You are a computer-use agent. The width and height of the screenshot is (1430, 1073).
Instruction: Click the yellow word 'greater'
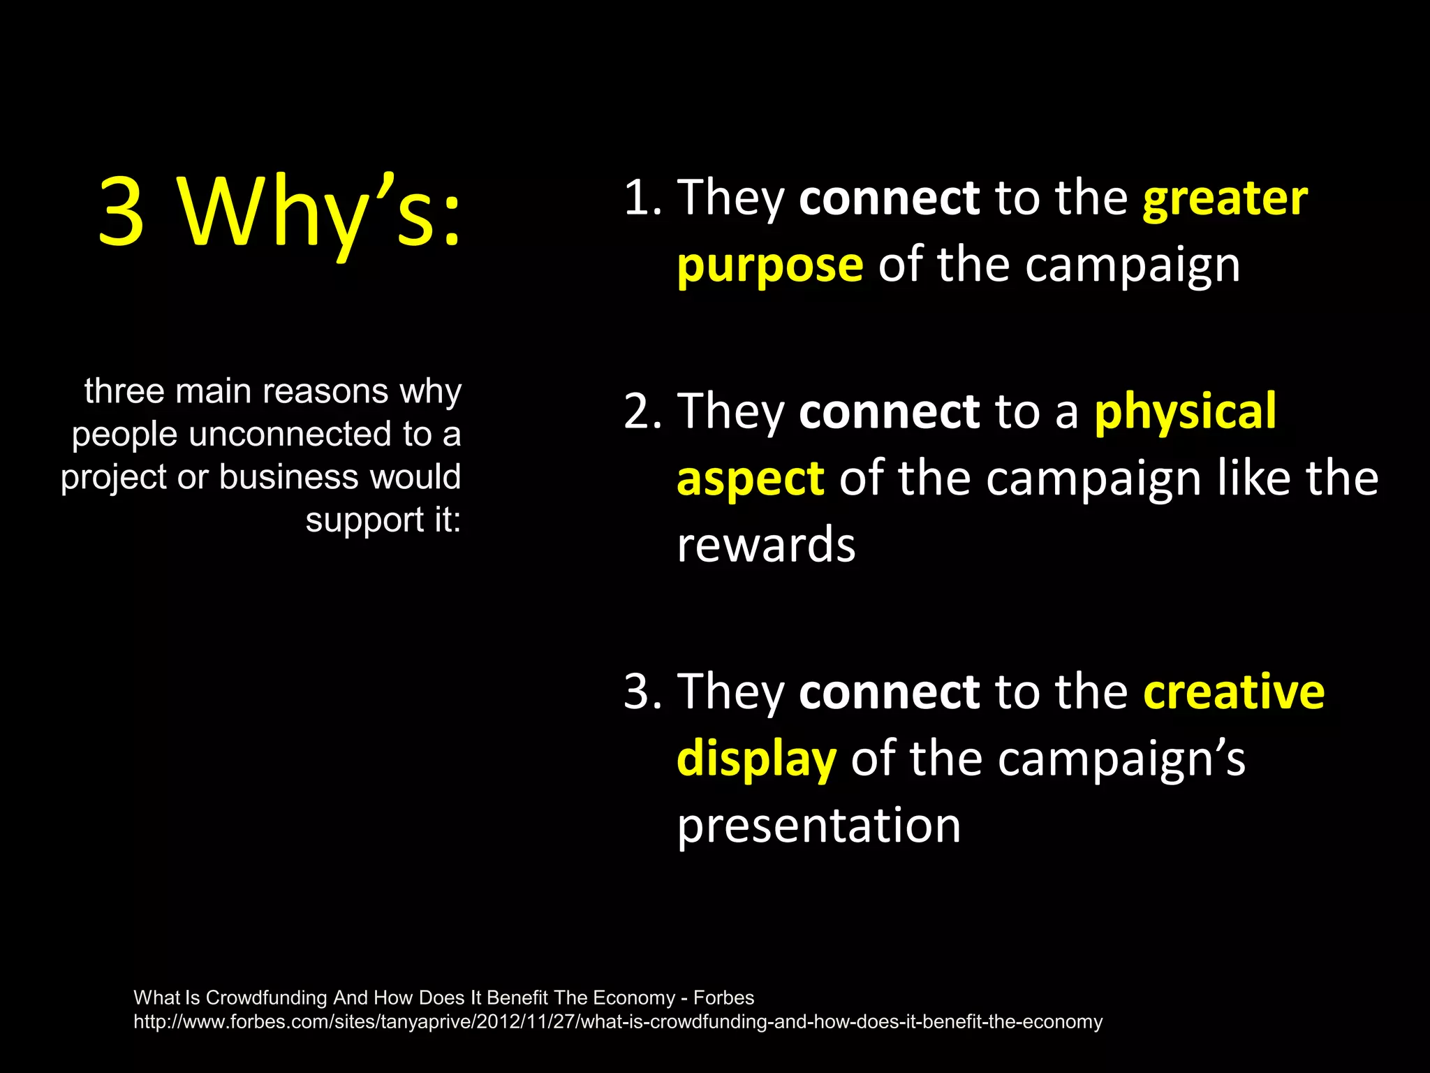pyautogui.click(x=1225, y=199)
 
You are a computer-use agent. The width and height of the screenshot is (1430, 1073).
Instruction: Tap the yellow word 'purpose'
pyautogui.click(x=769, y=266)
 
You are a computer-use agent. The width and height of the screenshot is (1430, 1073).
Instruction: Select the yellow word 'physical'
pyautogui.click(x=1185, y=412)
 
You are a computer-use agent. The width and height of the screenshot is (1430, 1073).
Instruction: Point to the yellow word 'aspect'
pyautogui.click(x=751, y=479)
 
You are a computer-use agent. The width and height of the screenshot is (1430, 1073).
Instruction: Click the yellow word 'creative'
pyautogui.click(x=1233, y=692)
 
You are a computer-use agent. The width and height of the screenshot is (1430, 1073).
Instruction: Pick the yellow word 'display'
pyautogui.click(x=756, y=759)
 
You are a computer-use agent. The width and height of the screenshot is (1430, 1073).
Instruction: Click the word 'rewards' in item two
pyautogui.click(x=766, y=546)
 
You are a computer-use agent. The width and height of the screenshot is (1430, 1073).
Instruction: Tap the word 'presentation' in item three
pyautogui.click(x=818, y=826)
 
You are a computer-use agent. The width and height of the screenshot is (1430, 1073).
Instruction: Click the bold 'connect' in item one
pyautogui.click(x=889, y=199)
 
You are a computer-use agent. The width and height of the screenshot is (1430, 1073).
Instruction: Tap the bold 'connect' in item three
pyautogui.click(x=889, y=692)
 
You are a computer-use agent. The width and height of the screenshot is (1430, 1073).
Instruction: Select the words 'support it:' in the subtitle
pyautogui.click(x=383, y=520)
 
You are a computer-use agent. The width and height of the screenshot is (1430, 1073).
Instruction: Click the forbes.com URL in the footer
pyautogui.click(x=617, y=1022)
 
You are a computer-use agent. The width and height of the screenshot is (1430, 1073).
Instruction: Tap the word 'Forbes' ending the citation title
pyautogui.click(x=723, y=998)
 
